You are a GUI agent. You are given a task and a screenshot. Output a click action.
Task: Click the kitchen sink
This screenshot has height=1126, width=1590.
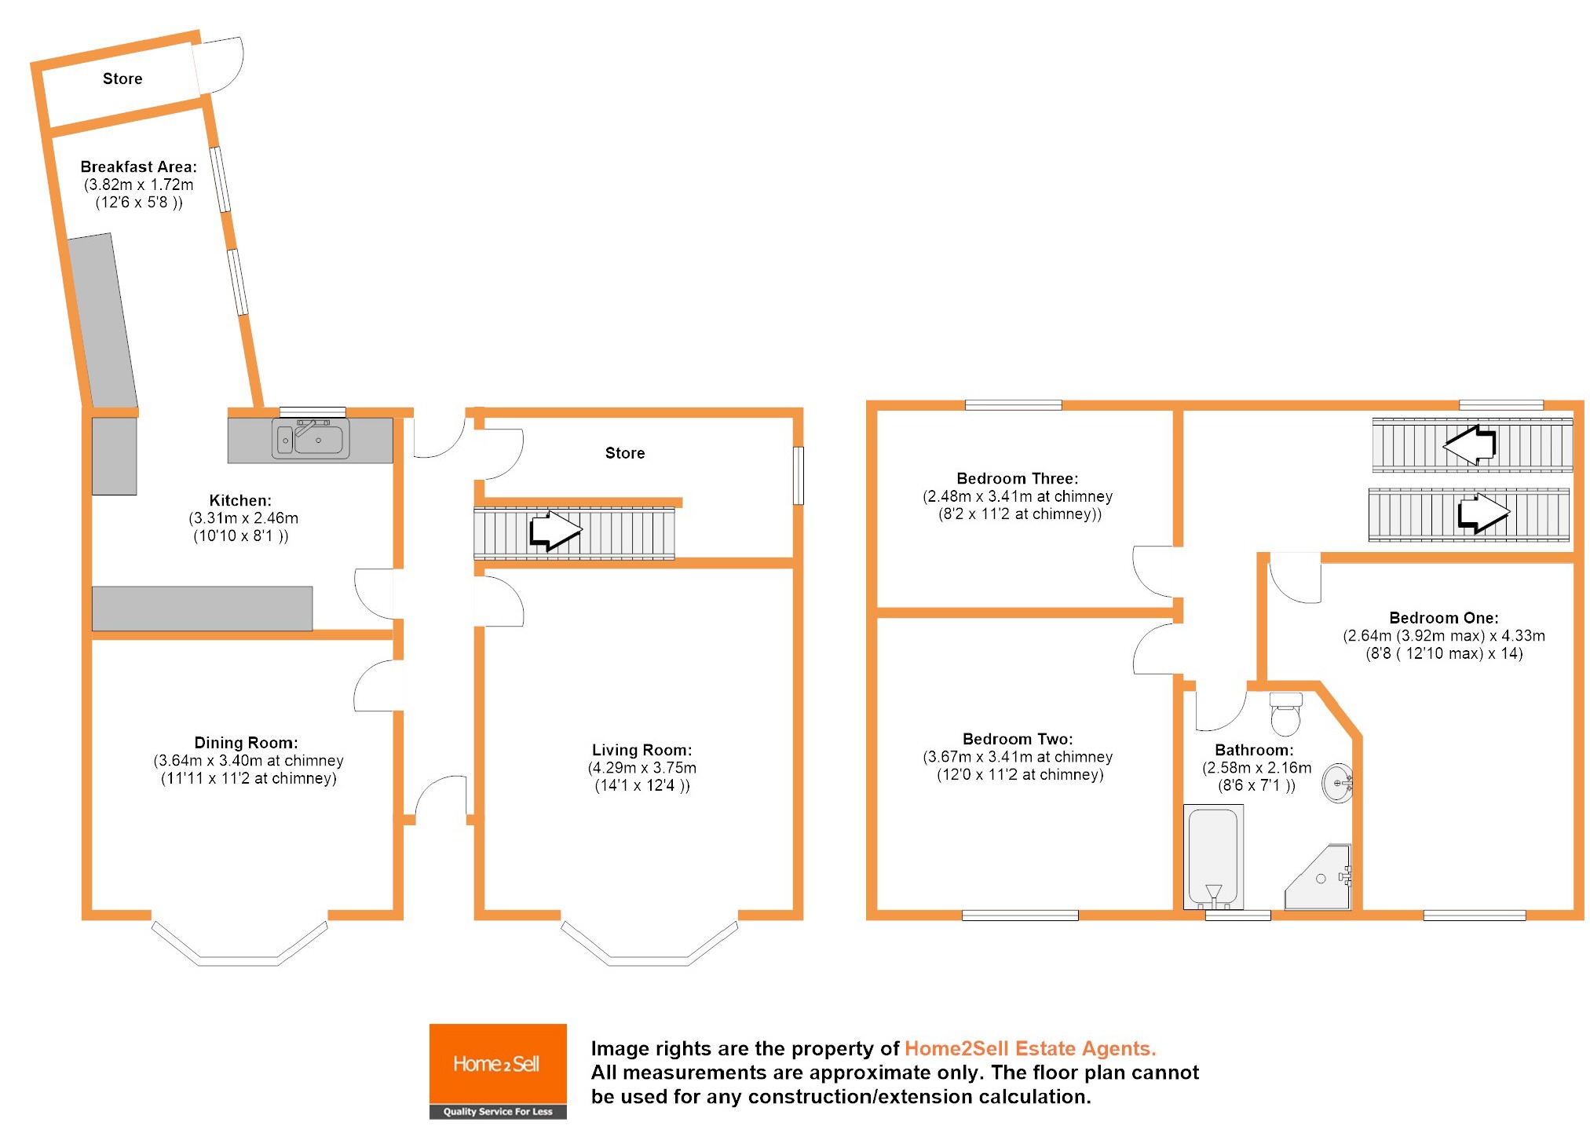click(311, 439)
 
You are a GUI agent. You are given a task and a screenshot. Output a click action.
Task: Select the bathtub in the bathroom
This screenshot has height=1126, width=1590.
click(1212, 857)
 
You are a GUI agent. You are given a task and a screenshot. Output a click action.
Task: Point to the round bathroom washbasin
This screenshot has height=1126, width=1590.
click(1337, 783)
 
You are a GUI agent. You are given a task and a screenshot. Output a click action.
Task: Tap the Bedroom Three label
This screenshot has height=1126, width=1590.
click(1017, 478)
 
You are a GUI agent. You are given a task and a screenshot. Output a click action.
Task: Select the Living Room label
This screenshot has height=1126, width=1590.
click(641, 750)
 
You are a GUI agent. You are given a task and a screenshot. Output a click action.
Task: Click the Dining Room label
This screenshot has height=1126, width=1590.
click(246, 743)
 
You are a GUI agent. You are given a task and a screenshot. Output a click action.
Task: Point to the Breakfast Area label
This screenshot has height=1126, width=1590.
click(138, 166)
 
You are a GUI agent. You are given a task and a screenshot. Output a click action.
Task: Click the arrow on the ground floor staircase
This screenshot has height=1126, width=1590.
click(556, 531)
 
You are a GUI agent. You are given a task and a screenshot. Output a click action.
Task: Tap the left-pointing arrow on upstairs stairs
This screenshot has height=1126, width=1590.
click(1470, 445)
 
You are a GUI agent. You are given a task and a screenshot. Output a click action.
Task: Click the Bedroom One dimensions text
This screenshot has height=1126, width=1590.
click(1443, 645)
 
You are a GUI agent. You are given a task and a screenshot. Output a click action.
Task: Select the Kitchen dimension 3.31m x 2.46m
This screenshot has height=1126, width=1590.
click(243, 518)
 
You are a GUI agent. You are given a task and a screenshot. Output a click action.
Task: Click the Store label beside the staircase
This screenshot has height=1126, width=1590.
click(624, 453)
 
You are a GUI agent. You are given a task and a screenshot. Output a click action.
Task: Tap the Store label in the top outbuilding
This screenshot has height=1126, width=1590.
click(122, 79)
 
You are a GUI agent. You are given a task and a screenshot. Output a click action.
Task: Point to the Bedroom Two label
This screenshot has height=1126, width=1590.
click(1017, 739)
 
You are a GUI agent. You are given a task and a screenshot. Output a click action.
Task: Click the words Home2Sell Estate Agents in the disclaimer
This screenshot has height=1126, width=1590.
click(1029, 1048)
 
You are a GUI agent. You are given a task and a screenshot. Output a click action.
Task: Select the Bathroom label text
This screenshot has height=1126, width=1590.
click(1254, 750)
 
